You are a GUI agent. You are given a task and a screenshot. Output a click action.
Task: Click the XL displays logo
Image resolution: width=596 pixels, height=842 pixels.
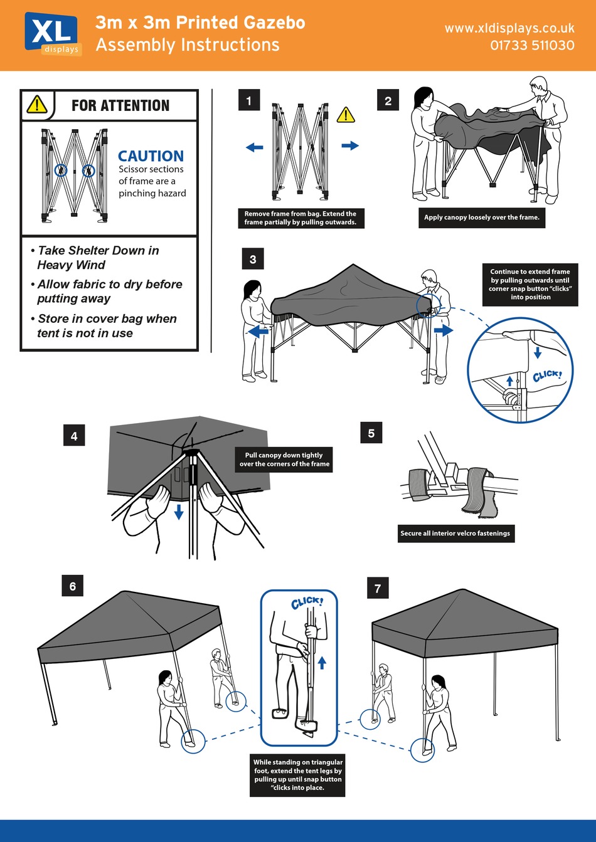[x=53, y=34]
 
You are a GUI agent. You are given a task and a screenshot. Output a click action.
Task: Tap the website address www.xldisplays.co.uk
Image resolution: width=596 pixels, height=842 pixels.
[x=509, y=28]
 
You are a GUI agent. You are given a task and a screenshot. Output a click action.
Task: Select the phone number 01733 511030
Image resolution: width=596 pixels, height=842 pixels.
[x=532, y=46]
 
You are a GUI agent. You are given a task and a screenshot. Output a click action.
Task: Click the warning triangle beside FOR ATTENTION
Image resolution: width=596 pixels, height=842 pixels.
[x=37, y=105]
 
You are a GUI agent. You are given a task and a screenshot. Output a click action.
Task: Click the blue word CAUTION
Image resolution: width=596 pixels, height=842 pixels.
[x=151, y=156]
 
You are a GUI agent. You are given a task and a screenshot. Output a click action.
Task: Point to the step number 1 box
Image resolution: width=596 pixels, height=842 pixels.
[x=249, y=100]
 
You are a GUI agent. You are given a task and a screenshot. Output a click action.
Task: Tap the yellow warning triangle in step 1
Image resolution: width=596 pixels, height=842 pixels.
[x=346, y=115]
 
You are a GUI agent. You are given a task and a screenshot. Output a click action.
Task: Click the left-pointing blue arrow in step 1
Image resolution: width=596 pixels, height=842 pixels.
[x=254, y=147]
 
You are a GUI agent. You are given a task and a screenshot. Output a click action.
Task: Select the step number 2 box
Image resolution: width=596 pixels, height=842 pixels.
[x=388, y=100]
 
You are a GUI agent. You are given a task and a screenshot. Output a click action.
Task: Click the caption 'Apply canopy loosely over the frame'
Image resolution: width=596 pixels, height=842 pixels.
[x=481, y=218]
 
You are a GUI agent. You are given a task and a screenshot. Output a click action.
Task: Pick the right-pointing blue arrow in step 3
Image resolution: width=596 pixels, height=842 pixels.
[x=443, y=330]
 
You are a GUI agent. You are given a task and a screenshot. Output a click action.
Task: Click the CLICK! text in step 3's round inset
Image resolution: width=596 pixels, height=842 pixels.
[x=547, y=376]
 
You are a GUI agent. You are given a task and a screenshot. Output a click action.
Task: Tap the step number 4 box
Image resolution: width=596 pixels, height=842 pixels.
[x=74, y=436]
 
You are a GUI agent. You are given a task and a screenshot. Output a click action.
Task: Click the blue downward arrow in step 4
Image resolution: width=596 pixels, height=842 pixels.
[x=179, y=512]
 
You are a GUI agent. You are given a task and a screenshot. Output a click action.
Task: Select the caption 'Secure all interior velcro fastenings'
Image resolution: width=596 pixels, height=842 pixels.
[x=455, y=534]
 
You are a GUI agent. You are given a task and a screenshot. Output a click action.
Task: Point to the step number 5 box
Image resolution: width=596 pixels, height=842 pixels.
[x=371, y=433]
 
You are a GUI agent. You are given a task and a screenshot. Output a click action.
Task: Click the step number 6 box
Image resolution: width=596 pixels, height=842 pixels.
[x=73, y=586]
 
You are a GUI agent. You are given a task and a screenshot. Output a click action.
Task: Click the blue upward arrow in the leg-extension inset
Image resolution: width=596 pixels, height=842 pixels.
[x=322, y=662]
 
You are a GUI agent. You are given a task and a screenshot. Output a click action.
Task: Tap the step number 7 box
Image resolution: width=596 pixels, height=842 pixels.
[x=378, y=588]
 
